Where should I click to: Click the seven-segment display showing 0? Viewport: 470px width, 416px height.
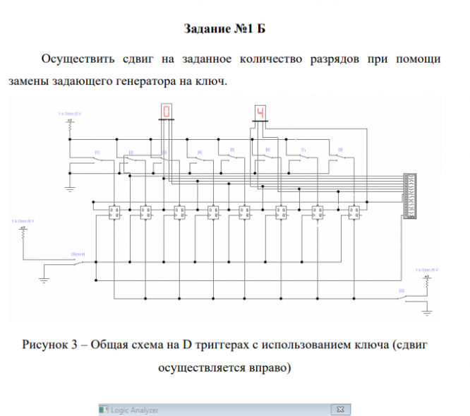pos(167,111)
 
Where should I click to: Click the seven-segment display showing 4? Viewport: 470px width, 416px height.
pos(260,112)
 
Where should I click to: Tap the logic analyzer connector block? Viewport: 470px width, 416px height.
pos(407,194)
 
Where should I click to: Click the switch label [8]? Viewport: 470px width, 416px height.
pos(340,150)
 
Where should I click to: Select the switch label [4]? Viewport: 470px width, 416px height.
pos(200,152)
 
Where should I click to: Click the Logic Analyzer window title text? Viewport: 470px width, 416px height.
pos(135,410)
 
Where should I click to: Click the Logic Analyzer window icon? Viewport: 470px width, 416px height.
pos(104,410)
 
